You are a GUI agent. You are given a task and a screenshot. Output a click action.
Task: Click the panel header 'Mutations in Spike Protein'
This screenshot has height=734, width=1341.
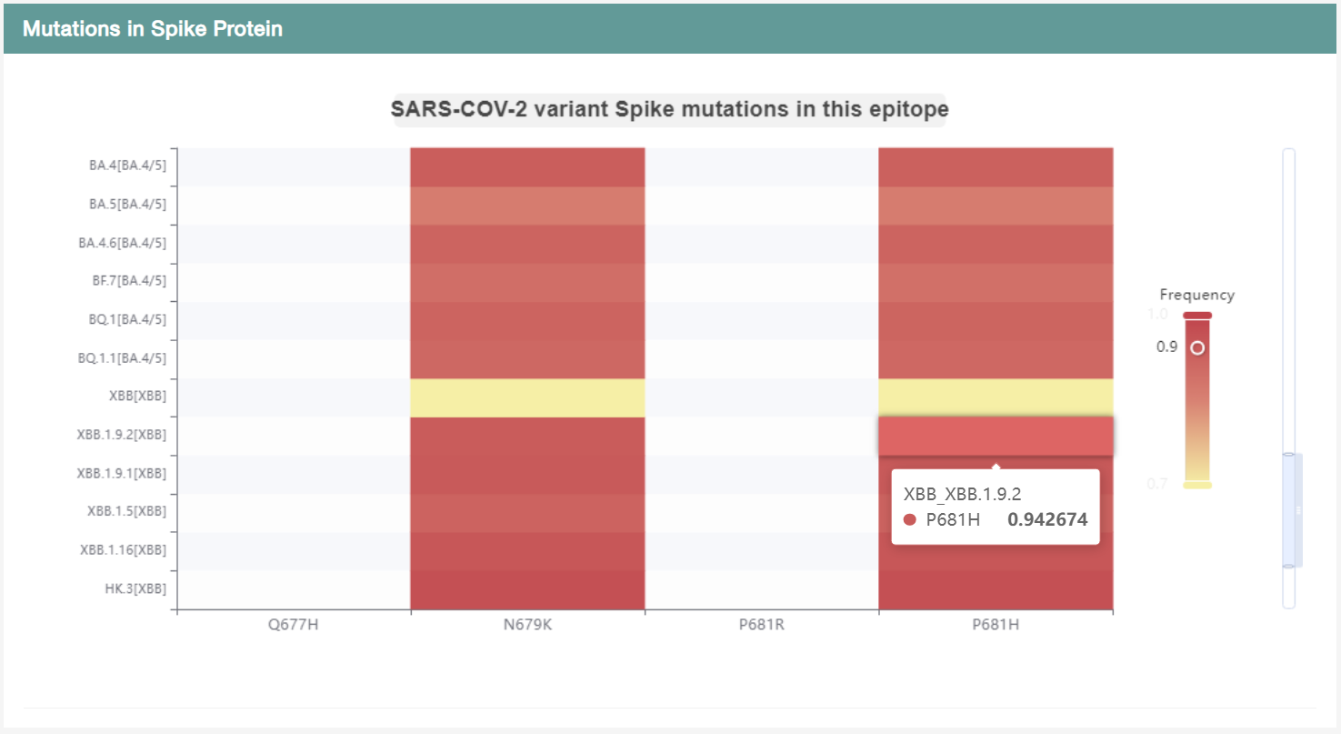[x=152, y=29]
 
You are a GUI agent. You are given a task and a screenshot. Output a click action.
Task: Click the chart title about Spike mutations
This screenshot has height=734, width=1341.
[x=669, y=109]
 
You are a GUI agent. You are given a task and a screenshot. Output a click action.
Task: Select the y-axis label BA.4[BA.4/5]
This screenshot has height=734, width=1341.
[x=127, y=166]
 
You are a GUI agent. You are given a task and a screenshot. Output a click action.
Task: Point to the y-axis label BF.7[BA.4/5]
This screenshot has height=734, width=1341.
[x=128, y=280]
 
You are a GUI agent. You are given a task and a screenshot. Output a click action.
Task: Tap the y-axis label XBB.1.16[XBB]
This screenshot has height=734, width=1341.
[x=123, y=549]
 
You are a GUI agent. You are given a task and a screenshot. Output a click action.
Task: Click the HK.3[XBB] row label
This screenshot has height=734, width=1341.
[x=135, y=588]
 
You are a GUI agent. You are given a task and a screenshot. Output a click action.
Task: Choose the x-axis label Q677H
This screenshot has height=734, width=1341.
[x=293, y=625]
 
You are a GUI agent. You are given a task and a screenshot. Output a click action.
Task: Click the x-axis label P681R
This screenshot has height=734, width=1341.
[x=761, y=625]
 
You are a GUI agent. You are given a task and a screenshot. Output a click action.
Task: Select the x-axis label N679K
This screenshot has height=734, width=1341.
[x=527, y=625]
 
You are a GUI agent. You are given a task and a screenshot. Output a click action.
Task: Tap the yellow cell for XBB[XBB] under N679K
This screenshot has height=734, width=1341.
[x=527, y=397]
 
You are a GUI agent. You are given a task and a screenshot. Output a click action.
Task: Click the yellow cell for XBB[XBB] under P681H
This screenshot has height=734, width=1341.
[x=996, y=397]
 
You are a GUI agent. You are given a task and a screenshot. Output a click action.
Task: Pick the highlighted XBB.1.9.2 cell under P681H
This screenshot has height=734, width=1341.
[x=996, y=436]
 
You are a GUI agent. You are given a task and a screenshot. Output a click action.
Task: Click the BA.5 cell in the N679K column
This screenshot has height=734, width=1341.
[x=527, y=206]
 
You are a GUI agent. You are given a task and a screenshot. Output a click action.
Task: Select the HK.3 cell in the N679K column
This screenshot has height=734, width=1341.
[x=527, y=589]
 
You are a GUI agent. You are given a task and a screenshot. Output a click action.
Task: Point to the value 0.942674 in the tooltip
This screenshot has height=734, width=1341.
[x=1047, y=520]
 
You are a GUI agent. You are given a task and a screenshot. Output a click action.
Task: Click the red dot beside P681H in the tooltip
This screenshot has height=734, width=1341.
[x=909, y=520]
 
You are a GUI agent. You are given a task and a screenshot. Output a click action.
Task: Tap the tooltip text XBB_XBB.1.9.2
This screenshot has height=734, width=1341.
[x=962, y=494]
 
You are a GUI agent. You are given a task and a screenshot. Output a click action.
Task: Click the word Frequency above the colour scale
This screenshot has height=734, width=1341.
[x=1196, y=295]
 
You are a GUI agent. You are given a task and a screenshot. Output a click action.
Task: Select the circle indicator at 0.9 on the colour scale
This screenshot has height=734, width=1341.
[x=1197, y=347]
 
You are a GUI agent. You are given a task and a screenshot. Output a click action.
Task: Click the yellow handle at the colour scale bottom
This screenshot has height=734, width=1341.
[x=1197, y=485]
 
